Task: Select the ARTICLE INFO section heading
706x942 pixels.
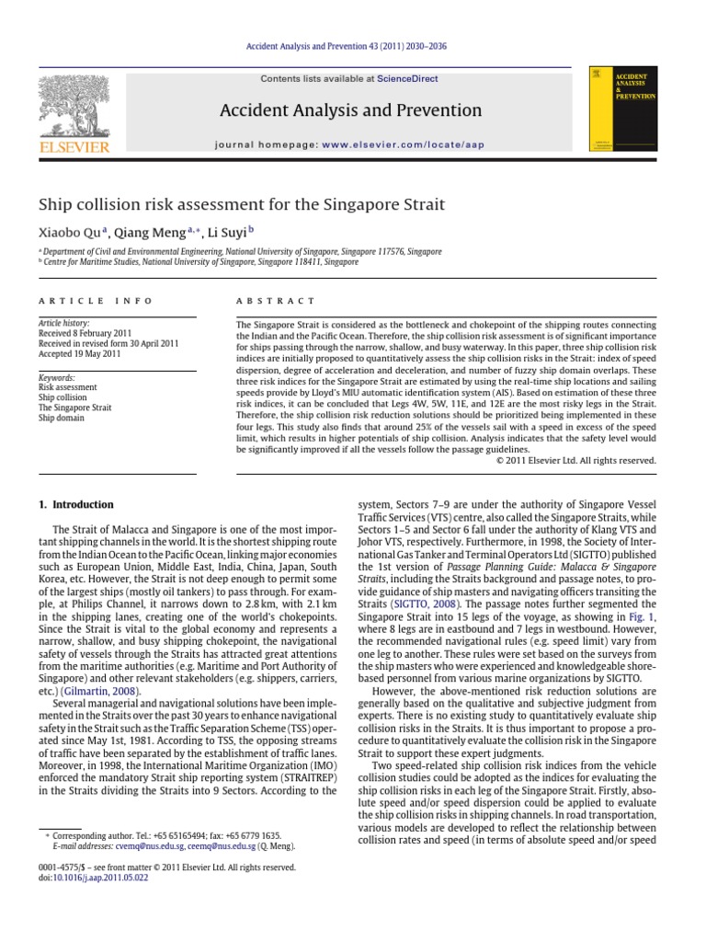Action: [75, 301]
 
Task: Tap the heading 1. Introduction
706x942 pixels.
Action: [75, 505]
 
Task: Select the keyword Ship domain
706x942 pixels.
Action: [61, 418]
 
